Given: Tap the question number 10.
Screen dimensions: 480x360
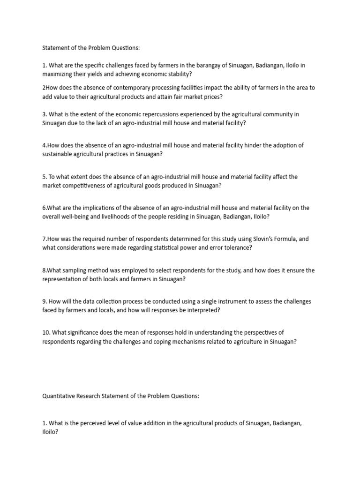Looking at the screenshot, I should coord(46,332).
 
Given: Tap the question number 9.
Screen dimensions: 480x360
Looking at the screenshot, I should coord(44,301).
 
